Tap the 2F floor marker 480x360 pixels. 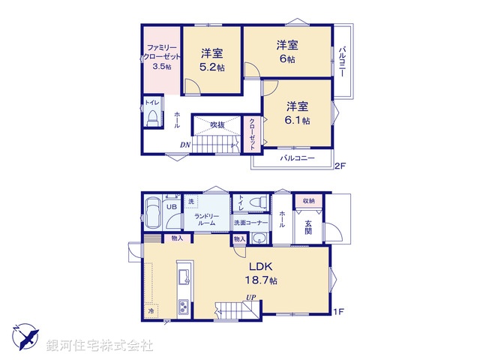click(340, 166)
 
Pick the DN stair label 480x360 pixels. click(184, 145)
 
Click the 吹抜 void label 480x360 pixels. click(217, 124)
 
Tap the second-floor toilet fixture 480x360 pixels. click(153, 116)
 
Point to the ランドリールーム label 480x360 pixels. click(205, 219)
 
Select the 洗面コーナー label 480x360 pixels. click(249, 223)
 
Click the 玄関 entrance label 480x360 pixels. click(309, 226)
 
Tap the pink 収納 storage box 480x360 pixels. click(309, 201)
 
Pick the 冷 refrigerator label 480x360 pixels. click(151, 310)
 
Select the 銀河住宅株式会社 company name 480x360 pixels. click(99, 346)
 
